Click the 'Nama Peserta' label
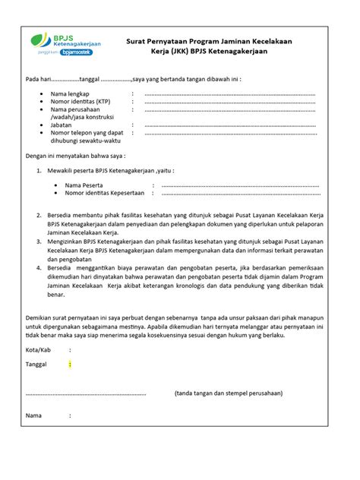tap(84, 185)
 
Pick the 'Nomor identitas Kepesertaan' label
tap(104, 194)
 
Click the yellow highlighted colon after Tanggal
tap(70, 365)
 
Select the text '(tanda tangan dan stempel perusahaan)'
tap(229, 393)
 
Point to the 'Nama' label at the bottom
tap(34, 416)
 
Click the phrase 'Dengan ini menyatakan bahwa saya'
tap(70, 155)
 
